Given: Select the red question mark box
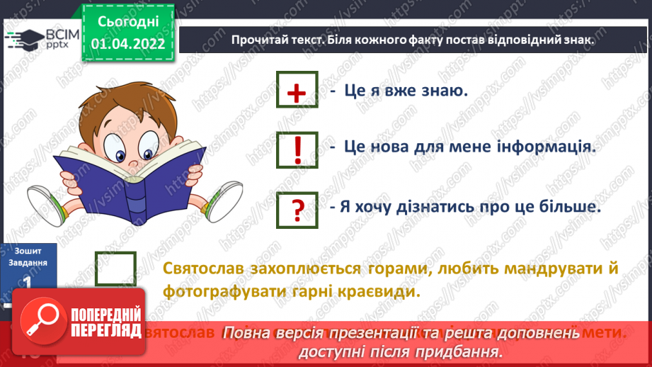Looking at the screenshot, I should point(298,208).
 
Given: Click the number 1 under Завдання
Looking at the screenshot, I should point(28,281).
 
